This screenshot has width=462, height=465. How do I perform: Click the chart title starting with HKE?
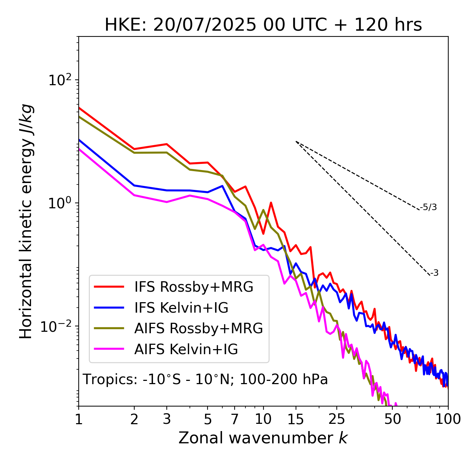263,25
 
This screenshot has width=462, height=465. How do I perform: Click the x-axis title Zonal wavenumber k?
263,438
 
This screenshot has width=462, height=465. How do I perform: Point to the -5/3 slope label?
428,208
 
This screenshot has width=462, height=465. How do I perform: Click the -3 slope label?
434,273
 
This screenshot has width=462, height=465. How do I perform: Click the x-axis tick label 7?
235,419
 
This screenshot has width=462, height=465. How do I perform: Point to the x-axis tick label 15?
296,419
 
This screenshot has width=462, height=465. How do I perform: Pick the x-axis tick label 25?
337,419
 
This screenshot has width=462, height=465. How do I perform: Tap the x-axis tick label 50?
393,419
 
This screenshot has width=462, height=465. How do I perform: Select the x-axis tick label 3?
167,419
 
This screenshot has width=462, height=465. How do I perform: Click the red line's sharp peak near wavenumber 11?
271,203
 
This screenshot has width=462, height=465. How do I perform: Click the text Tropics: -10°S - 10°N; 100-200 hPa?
205,380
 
